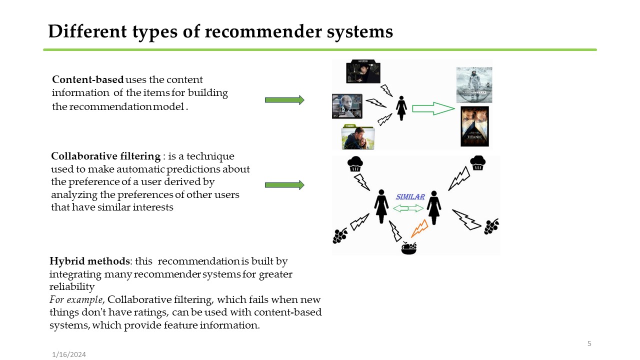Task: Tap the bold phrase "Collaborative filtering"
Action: click(x=105, y=156)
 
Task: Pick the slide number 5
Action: click(x=589, y=343)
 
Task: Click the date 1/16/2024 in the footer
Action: click(x=69, y=354)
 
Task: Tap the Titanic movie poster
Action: click(x=474, y=126)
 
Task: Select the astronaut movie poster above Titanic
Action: click(x=474, y=84)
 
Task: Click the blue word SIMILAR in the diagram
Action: click(x=410, y=197)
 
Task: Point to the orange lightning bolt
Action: click(x=419, y=228)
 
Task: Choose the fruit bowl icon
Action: click(x=409, y=247)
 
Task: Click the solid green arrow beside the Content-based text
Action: click(x=284, y=100)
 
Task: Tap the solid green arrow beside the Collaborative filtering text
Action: click(x=284, y=185)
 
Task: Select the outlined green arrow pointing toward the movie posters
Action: click(x=433, y=108)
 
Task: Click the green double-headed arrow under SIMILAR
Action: click(x=408, y=208)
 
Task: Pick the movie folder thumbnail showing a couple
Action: click(x=357, y=138)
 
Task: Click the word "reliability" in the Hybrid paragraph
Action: click(x=72, y=287)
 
